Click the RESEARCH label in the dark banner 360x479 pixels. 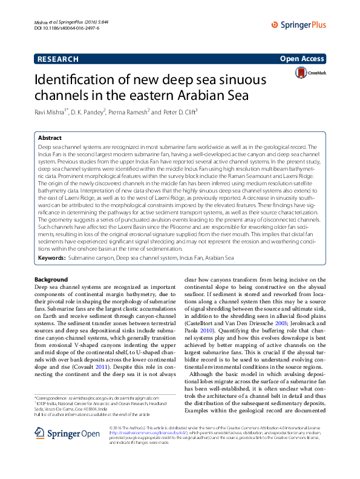pyautogui.click(x=58, y=59)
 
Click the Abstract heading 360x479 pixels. pyautogui.click(x=50, y=138)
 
